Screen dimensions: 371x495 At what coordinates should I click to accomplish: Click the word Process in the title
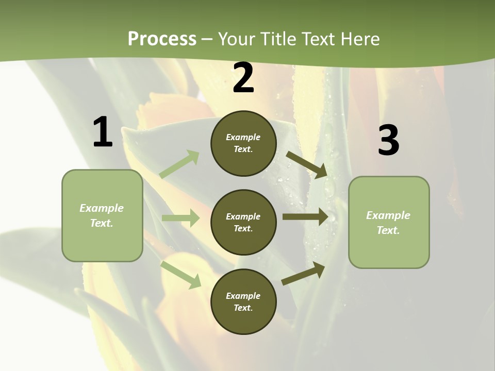162,39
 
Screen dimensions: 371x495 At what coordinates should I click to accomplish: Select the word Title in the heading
278,39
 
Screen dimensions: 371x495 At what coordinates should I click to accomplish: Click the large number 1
103,132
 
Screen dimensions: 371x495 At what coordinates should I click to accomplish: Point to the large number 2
243,78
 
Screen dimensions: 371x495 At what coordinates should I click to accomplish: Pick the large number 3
388,141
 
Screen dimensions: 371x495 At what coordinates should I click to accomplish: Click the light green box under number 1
102,215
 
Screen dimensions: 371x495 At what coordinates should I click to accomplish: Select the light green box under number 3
389,223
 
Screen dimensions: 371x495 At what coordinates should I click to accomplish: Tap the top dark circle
243,143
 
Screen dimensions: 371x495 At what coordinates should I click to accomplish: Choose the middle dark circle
243,223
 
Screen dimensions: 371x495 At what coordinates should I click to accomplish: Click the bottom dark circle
243,302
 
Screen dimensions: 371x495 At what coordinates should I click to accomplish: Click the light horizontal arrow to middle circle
180,218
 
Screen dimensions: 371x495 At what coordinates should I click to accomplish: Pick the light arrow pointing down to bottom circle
181,274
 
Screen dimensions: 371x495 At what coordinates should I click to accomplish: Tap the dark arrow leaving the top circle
306,164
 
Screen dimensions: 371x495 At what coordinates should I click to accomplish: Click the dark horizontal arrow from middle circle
305,217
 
